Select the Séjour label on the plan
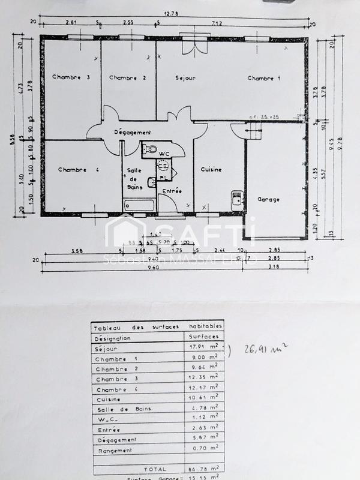coord(185,78)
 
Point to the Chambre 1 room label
coord(264,78)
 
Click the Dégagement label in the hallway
coord(133,132)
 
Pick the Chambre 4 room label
coord(78,170)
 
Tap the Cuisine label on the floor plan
coord(211,169)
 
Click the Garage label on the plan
coord(269,199)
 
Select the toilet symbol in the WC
coord(150,148)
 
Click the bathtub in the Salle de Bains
coord(139,205)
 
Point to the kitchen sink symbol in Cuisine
coord(237,198)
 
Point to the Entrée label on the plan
coord(172,191)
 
